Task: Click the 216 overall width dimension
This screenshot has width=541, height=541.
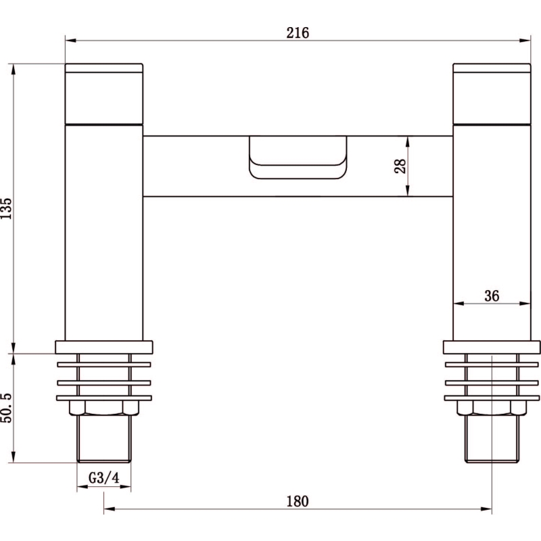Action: point(298,33)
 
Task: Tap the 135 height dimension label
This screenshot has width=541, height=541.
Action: point(6,208)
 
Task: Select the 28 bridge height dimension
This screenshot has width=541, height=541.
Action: point(400,166)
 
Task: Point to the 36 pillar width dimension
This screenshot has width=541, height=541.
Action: point(492,296)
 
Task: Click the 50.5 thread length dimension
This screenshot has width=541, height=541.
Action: point(6,408)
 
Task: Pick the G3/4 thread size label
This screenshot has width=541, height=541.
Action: point(104,478)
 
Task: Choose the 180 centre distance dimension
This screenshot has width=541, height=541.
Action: point(298,501)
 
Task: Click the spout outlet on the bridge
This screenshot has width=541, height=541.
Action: point(298,158)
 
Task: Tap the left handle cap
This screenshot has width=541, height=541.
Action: point(104,93)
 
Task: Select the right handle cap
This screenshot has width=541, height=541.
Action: point(492,93)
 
